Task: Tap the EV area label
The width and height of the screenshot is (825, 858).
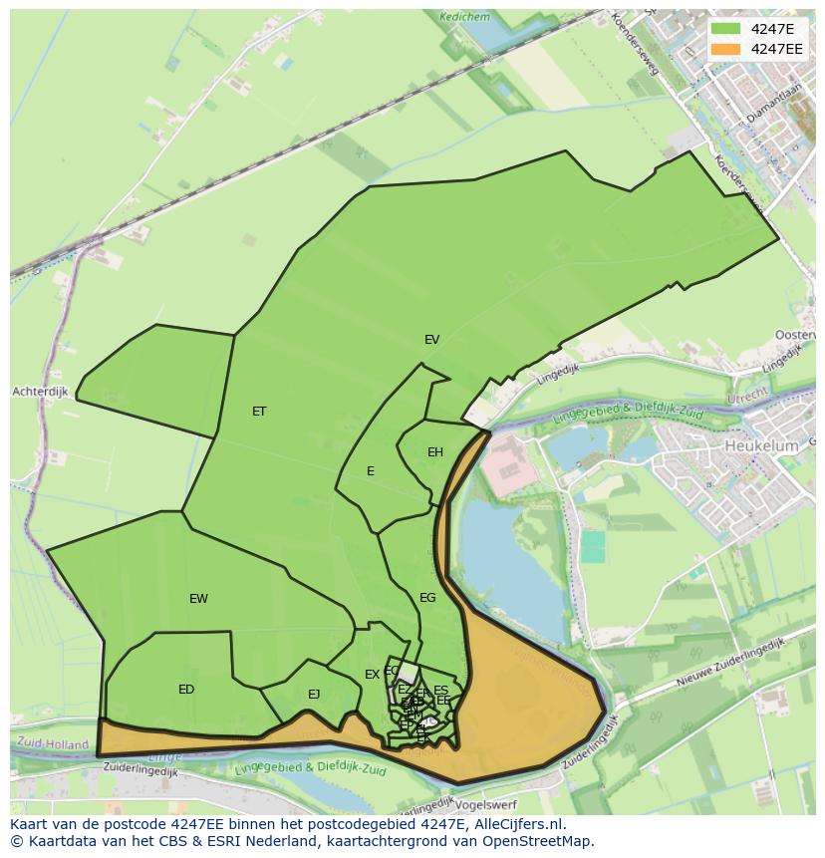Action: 431,340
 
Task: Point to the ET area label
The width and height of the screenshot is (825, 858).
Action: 259,412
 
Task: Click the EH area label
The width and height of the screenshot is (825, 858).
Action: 435,452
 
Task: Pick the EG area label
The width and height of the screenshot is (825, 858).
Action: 427,598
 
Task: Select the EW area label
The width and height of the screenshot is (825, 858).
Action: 198,599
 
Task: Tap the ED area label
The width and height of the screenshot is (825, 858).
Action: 186,690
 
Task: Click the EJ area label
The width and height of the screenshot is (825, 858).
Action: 314,695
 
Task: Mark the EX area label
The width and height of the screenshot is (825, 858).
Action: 372,675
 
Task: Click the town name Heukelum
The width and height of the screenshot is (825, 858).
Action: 761,446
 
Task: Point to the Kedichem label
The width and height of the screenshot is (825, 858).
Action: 464,16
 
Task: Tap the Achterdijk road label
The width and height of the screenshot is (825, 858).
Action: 40,392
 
